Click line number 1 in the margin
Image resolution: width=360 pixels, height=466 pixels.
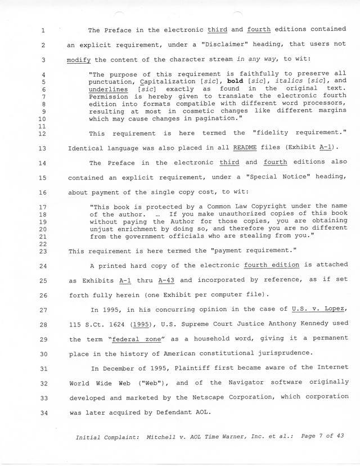[43, 30]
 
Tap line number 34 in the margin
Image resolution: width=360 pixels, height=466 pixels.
[43, 411]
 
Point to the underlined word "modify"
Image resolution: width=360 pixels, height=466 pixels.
[78, 60]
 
